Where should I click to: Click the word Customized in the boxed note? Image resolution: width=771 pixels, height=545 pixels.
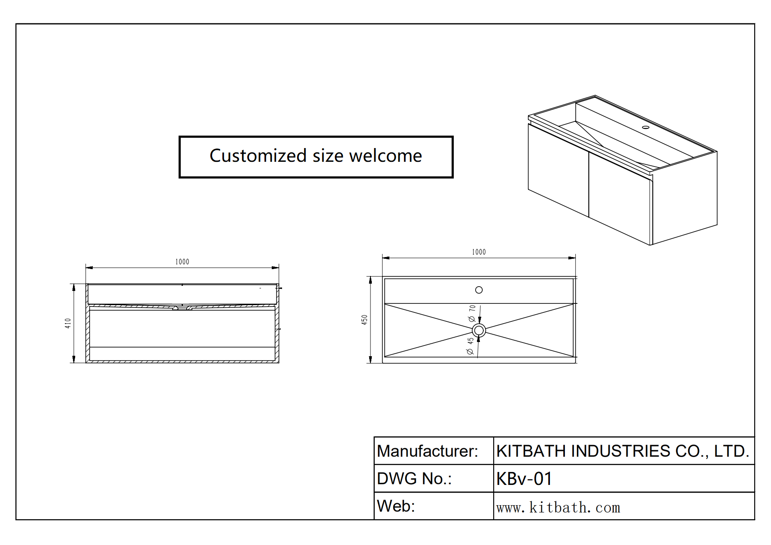pyautogui.click(x=258, y=156)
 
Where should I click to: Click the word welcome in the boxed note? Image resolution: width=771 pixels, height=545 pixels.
pyautogui.click(x=385, y=156)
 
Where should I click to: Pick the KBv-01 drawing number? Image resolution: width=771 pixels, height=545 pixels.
pyautogui.click(x=524, y=479)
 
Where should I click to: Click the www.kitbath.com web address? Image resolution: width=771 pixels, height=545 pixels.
pyautogui.click(x=558, y=508)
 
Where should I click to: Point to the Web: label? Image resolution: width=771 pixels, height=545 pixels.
pyautogui.click(x=396, y=506)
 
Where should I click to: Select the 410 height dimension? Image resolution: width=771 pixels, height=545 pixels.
pyautogui.click(x=68, y=323)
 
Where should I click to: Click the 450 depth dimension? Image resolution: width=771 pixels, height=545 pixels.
pyautogui.click(x=364, y=320)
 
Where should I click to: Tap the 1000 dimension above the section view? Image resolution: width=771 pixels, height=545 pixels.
pyautogui.click(x=182, y=262)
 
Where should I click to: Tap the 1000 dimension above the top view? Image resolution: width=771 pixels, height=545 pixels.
pyautogui.click(x=479, y=252)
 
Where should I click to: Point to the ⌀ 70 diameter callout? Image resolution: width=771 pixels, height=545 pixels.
pyautogui.click(x=472, y=313)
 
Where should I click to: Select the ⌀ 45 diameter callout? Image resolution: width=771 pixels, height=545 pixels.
pyautogui.click(x=470, y=345)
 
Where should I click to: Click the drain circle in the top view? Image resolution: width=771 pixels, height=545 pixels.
pyautogui.click(x=479, y=330)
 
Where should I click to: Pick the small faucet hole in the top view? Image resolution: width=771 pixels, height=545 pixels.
pyautogui.click(x=479, y=290)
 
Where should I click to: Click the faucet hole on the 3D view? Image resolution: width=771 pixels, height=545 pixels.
pyautogui.click(x=646, y=127)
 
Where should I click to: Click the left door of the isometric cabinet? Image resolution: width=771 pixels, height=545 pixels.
pyautogui.click(x=558, y=170)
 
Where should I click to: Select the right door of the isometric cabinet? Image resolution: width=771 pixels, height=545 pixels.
pyautogui.click(x=620, y=197)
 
